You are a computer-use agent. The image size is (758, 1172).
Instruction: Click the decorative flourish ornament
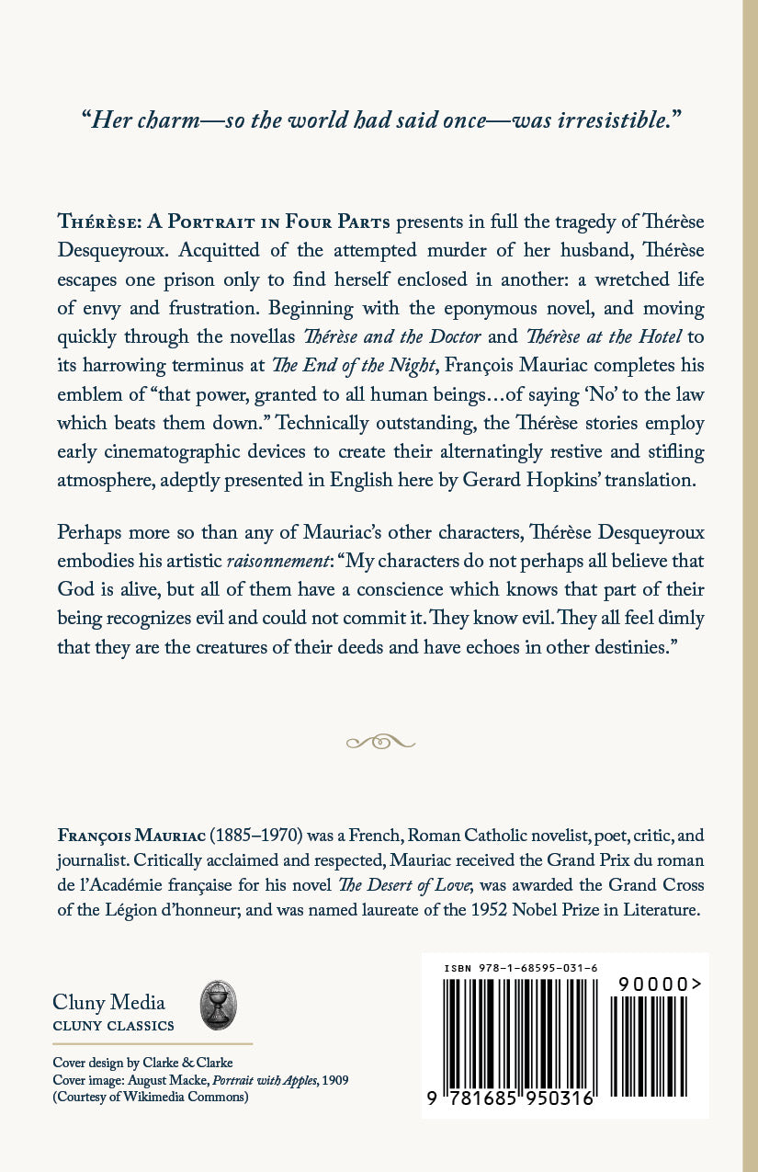coord(379,740)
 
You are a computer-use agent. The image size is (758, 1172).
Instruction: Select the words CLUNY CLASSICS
coord(114,1025)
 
